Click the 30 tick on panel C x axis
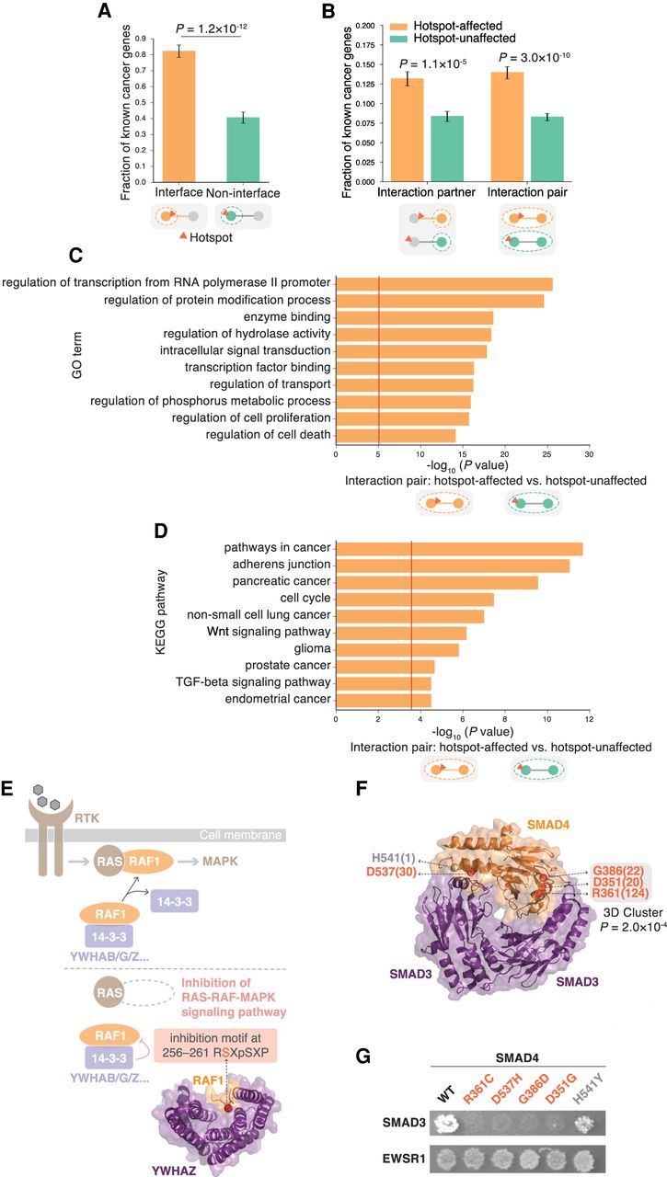[589, 454]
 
